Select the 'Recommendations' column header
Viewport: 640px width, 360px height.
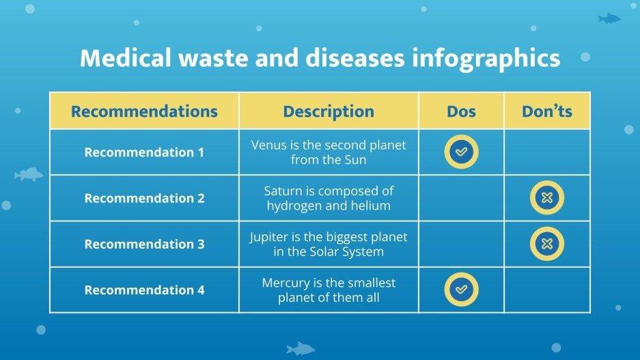tap(144, 111)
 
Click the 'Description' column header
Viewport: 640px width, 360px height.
tap(329, 111)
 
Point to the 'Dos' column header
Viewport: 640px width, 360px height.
tap(461, 111)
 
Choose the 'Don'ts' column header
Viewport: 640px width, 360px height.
tap(547, 111)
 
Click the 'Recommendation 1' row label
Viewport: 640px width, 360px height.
tap(144, 152)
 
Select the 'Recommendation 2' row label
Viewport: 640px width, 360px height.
tap(144, 198)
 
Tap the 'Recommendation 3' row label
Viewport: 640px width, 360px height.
tap(144, 244)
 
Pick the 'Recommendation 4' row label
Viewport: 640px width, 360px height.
tap(144, 290)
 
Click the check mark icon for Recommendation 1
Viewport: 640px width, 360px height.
tap(461, 152)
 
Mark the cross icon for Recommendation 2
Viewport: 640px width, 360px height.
tap(547, 198)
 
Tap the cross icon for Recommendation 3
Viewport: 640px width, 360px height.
tap(547, 244)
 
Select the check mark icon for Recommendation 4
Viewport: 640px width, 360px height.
tap(461, 290)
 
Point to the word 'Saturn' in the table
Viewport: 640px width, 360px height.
tap(283, 191)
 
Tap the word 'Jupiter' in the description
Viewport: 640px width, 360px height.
tap(268, 236)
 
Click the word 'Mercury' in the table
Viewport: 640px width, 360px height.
tap(287, 282)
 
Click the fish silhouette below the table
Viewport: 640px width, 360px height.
tap(300, 348)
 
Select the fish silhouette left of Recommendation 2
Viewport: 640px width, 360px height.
tap(28, 174)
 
